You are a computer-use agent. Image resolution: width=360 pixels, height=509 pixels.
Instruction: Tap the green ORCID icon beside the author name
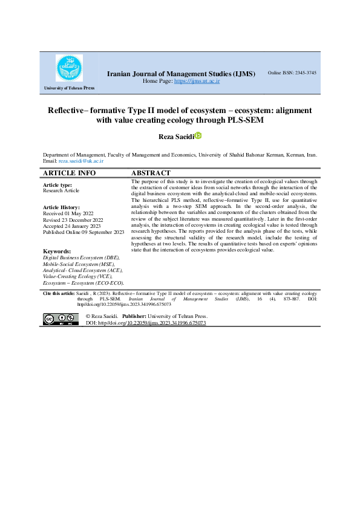pos(197,137)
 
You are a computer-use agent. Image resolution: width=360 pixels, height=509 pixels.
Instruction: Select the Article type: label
pos(58,184)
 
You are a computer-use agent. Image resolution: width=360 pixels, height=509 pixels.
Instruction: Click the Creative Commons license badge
pos(61,319)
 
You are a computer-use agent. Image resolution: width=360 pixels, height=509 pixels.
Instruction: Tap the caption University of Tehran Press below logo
pos(69,89)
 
